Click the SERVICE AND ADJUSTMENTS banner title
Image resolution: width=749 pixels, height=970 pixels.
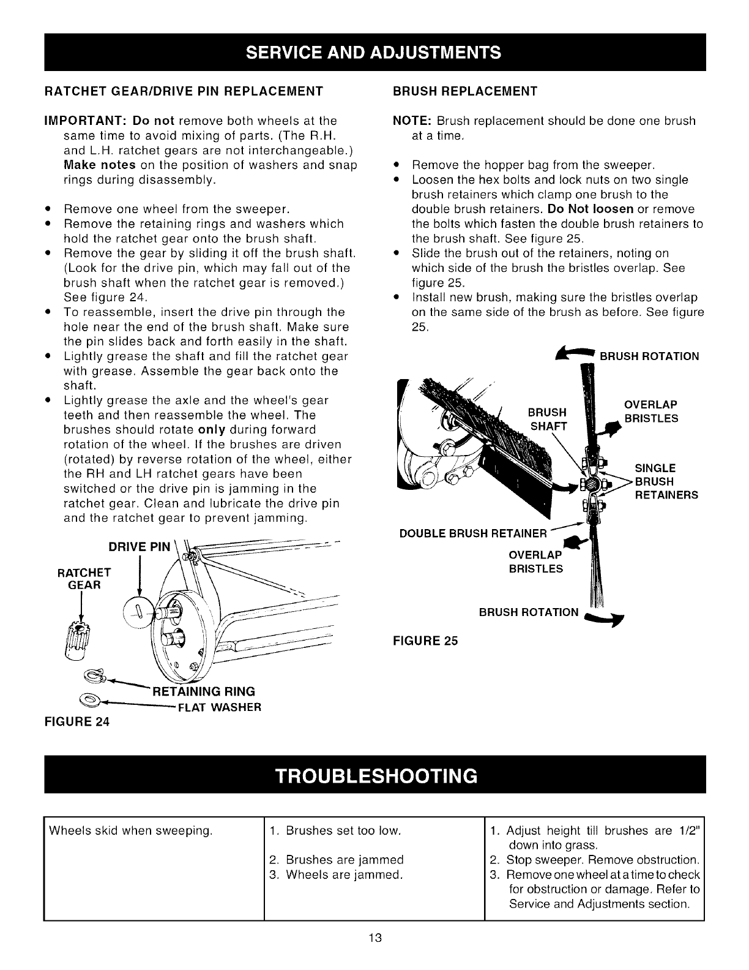pos(374,52)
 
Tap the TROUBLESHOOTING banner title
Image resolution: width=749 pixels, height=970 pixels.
pos(374,775)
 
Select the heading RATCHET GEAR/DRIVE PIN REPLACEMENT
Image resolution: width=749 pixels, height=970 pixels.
pos(184,91)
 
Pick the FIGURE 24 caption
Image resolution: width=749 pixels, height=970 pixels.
pos(77,721)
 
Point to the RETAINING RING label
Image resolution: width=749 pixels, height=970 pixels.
pos(203,692)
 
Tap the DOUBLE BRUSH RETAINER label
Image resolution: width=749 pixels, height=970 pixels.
pos(472,533)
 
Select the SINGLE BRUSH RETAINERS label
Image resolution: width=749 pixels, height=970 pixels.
pos(665,481)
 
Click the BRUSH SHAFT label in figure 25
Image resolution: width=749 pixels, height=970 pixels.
pos(548,418)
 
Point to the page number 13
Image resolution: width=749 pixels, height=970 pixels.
pos(375,938)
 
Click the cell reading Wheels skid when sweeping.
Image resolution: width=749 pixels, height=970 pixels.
pos(130,831)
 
